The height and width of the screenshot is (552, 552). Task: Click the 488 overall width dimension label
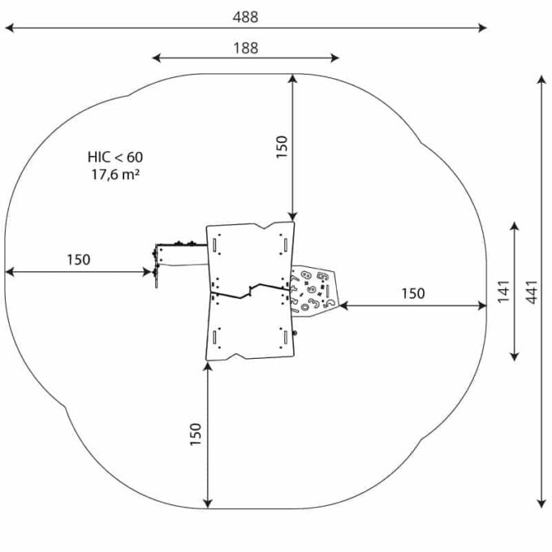pyautogui.click(x=245, y=17)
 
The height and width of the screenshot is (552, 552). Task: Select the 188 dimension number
pyautogui.click(x=246, y=48)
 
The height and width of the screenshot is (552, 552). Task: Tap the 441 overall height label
pyautogui.click(x=532, y=292)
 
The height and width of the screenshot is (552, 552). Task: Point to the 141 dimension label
pyautogui.click(x=504, y=291)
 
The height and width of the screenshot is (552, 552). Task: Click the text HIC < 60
pyautogui.click(x=115, y=157)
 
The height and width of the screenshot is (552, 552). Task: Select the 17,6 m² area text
pyautogui.click(x=115, y=175)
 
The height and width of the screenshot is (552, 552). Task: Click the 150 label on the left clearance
pyautogui.click(x=79, y=260)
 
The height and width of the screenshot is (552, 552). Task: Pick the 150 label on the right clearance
pyautogui.click(x=413, y=293)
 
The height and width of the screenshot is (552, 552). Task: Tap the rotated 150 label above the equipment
pyautogui.click(x=282, y=147)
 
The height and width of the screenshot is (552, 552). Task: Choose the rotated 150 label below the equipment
pyautogui.click(x=196, y=434)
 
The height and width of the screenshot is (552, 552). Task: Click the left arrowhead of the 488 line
pyautogui.click(x=10, y=28)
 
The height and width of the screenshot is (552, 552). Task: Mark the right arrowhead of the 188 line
pyautogui.click(x=334, y=58)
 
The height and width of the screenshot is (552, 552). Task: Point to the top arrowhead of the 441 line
pyautogui.click(x=541, y=80)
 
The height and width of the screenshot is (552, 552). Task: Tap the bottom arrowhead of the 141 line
pyautogui.click(x=515, y=356)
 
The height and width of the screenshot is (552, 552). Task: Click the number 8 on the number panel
pyautogui.click(x=306, y=275)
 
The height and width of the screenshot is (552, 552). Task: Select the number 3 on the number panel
pyautogui.click(x=313, y=303)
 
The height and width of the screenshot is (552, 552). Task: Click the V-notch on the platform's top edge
pyautogui.click(x=270, y=226)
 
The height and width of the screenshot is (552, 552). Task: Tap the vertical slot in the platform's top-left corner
pyautogui.click(x=214, y=244)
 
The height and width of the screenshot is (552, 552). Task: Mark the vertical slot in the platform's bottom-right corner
pyautogui.click(x=286, y=338)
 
